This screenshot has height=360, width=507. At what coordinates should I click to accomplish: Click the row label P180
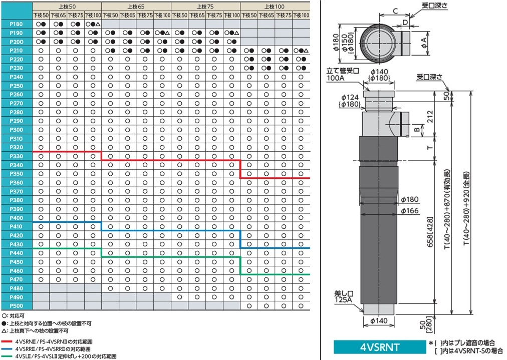point(16,24)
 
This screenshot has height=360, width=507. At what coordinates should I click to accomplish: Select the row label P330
point(16,156)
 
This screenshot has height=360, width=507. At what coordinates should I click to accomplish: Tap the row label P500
point(16,306)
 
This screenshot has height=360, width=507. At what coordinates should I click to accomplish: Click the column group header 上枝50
point(67,7)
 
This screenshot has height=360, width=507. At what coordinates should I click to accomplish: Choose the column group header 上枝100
point(275,7)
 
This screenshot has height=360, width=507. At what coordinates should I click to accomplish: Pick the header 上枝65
point(136,7)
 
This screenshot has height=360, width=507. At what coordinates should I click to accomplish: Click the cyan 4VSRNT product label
point(380,347)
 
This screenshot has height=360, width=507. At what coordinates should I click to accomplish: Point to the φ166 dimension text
point(410,211)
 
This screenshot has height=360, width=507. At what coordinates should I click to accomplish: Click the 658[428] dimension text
point(430,232)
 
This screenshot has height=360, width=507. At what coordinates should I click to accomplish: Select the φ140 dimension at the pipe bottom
point(379,321)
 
